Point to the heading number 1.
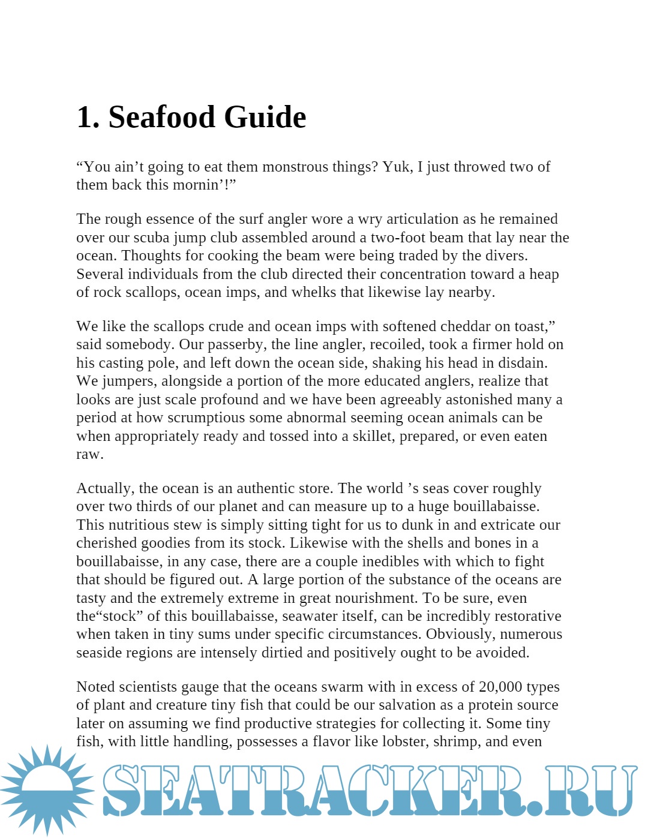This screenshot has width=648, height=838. tap(88, 117)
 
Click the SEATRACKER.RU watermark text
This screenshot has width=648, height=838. tap(369, 791)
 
